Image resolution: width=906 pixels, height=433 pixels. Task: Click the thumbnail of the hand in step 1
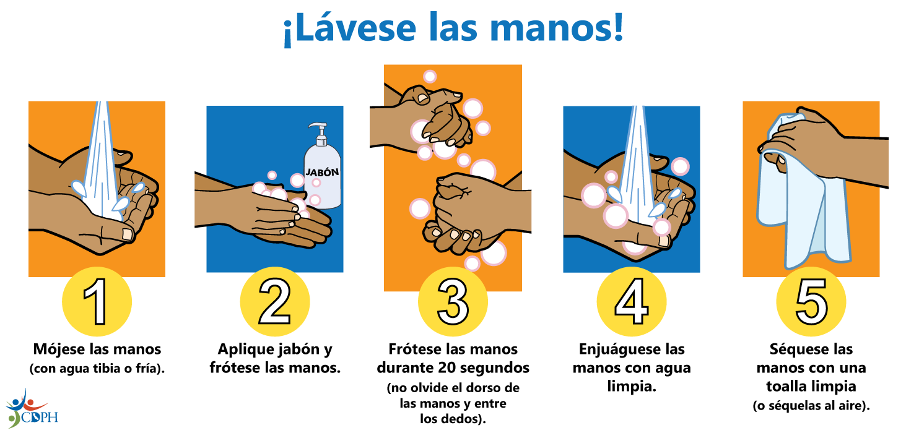point(128,234)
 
